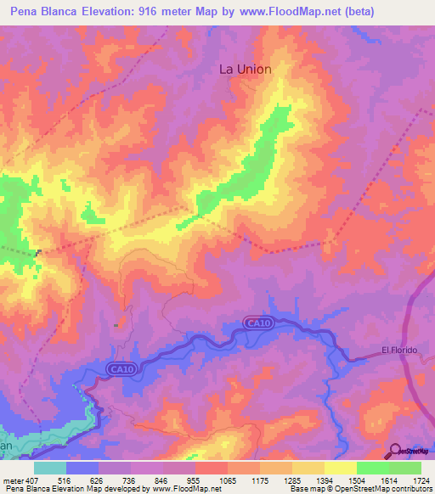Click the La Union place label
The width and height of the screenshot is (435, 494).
point(246,70)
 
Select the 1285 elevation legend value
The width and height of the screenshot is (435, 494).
point(292,480)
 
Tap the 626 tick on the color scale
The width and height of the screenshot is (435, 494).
point(99,480)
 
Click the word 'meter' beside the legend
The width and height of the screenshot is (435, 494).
point(14,480)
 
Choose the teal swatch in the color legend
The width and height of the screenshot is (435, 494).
point(50,468)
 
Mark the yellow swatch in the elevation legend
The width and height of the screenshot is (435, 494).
point(340,468)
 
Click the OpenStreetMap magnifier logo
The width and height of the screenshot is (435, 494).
point(395,451)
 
